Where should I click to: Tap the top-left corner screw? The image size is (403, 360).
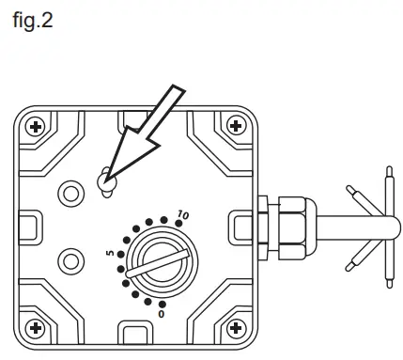[x=36, y=125]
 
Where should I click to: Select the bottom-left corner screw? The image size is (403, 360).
[x=36, y=327]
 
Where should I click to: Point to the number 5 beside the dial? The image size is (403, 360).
[x=110, y=254]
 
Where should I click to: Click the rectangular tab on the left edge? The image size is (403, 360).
[x=29, y=226]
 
